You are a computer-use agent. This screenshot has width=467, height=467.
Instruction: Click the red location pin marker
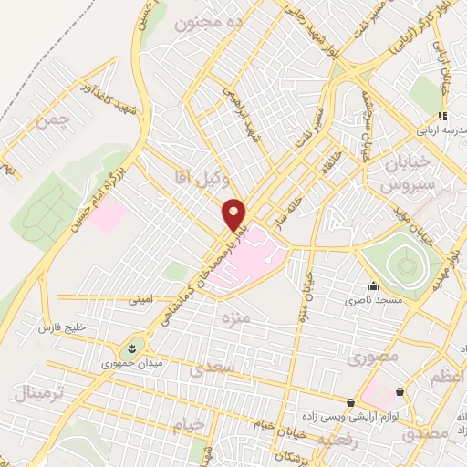pyautogui.click(x=234, y=214)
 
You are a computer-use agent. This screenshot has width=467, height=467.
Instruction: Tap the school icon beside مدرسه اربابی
pyautogui.click(x=442, y=116)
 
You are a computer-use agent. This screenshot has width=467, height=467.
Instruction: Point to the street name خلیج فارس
pyautogui.click(x=61, y=325)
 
